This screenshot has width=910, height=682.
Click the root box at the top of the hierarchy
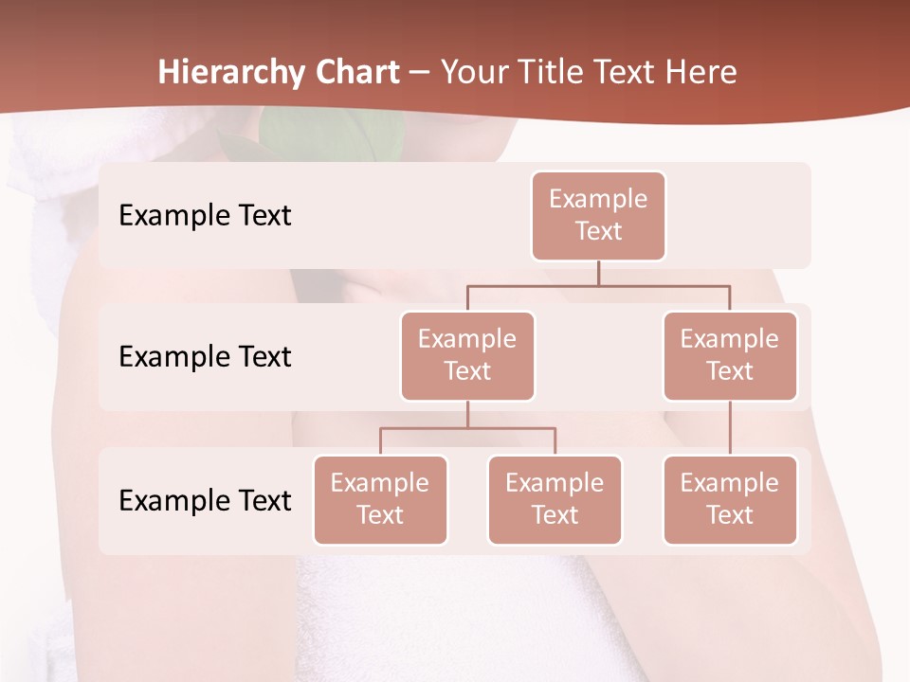tap(598, 215)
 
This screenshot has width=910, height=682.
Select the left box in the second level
tap(467, 355)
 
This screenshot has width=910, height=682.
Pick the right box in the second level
tap(730, 355)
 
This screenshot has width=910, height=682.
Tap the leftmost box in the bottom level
tap(380, 499)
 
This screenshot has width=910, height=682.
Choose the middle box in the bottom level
tap(555, 499)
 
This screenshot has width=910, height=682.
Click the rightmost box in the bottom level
tap(730, 499)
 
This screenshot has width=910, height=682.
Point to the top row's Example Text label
tap(205, 216)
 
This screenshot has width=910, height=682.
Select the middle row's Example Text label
tap(205, 357)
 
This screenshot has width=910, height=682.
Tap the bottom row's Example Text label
tap(205, 500)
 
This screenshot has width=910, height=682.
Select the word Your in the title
tap(474, 72)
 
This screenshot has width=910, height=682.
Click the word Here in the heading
tap(701, 72)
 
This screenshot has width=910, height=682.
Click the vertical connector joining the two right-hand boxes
tap(730, 428)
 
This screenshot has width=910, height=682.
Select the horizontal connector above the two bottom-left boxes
tap(467, 428)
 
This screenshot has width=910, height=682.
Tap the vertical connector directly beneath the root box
tap(598, 273)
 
